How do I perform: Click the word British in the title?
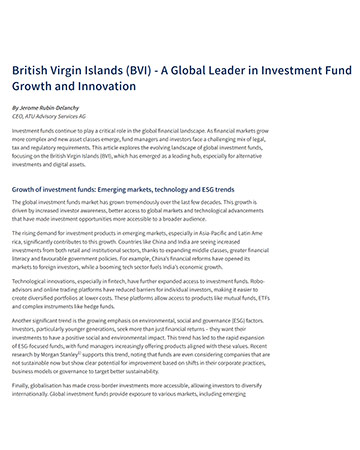click(x=33, y=72)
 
